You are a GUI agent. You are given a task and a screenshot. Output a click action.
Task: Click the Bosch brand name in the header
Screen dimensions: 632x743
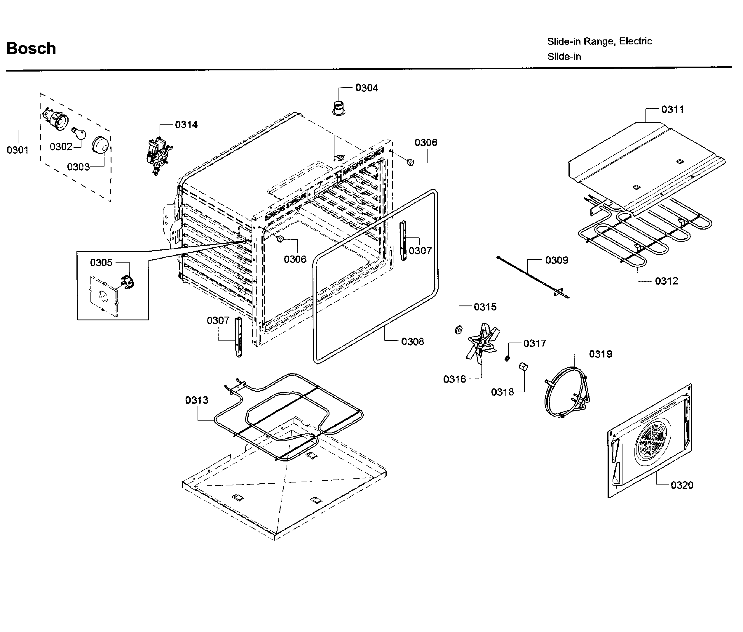click(31, 48)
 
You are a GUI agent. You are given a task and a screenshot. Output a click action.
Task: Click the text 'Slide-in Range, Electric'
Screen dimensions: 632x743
click(599, 41)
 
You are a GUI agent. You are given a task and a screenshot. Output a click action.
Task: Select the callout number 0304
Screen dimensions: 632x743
click(366, 88)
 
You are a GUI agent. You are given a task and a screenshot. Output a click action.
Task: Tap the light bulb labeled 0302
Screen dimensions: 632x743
click(79, 134)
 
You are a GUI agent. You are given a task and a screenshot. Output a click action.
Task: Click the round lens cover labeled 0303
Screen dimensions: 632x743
click(100, 145)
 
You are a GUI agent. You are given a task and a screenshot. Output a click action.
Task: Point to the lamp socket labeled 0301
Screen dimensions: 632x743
click(56, 118)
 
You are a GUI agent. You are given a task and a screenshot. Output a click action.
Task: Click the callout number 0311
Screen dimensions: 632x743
click(672, 109)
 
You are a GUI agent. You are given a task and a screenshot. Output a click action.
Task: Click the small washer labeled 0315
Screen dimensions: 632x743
click(458, 330)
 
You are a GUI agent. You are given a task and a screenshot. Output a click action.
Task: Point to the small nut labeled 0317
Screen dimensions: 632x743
click(507, 358)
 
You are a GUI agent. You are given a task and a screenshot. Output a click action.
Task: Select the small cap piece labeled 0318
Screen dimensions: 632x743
click(523, 367)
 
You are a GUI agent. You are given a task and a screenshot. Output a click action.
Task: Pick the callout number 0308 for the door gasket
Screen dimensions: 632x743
click(412, 341)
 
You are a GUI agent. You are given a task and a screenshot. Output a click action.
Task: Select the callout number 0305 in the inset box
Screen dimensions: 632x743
click(101, 263)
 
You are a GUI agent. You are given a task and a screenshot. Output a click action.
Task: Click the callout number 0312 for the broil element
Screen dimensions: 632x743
click(666, 281)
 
